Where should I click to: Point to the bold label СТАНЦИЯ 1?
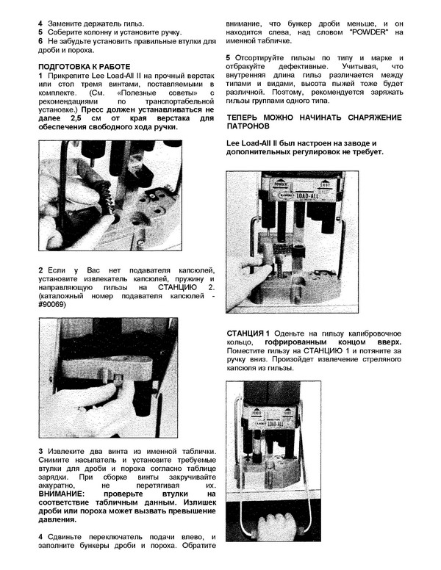tap(249, 333)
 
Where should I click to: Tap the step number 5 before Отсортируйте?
tap(229, 58)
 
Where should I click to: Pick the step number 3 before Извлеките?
tap(41, 450)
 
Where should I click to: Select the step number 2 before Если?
tap(41, 270)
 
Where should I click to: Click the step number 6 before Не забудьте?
tap(41, 42)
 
